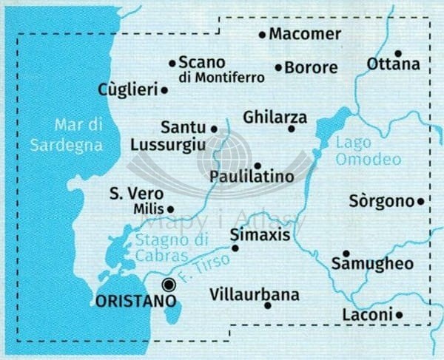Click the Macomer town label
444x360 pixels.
pos(305,34)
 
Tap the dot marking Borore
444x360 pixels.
pos(278,68)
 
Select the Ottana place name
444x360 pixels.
pos(393,64)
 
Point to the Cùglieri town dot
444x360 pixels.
pos(164,90)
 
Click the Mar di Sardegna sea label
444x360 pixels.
pos(66,135)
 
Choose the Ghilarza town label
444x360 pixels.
pos(275,117)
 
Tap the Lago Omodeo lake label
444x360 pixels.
pos(369,151)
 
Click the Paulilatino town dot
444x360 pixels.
pos(257,166)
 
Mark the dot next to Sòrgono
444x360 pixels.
pos(420,201)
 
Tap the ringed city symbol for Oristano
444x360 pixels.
pos(169,284)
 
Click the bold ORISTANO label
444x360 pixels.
pos(136,301)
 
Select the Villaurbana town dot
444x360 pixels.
pos(267,305)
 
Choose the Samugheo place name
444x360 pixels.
pos(372,264)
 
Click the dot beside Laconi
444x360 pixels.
pos(399,315)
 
